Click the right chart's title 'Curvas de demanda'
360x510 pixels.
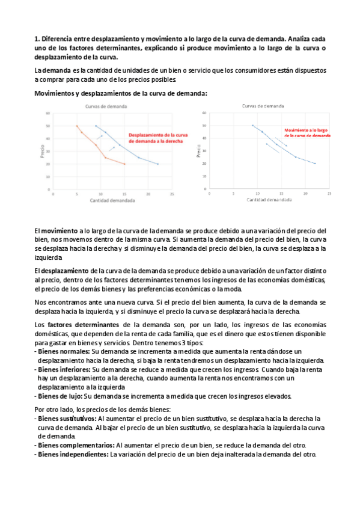pos(263,106)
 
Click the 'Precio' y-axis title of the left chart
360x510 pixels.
pos(42,150)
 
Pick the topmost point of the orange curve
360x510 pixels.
pos(77,126)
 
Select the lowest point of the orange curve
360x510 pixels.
pos(124,164)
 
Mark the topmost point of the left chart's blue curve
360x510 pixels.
pos(96,126)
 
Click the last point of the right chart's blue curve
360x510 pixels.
pos(314,163)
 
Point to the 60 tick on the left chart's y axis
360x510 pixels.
pos(48,113)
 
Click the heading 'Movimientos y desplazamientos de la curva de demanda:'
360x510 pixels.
pos(121,93)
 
